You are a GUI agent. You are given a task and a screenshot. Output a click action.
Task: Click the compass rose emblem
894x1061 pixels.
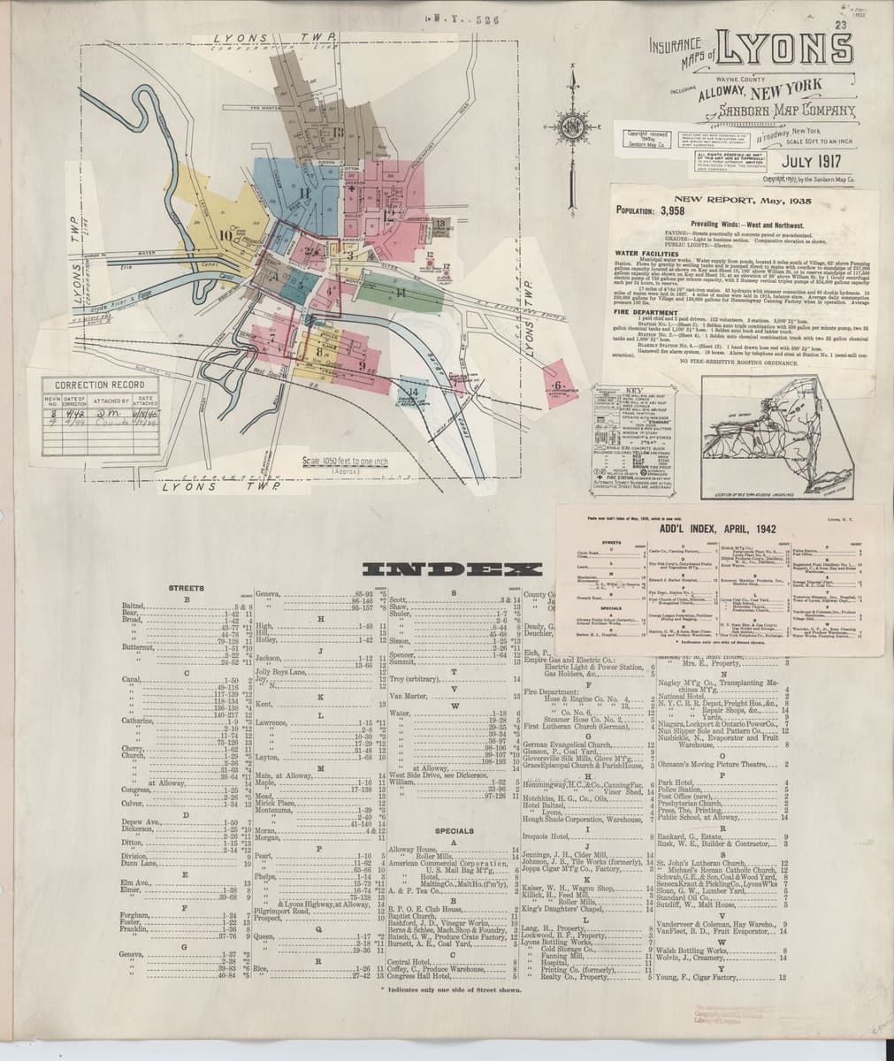pos(574,134)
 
